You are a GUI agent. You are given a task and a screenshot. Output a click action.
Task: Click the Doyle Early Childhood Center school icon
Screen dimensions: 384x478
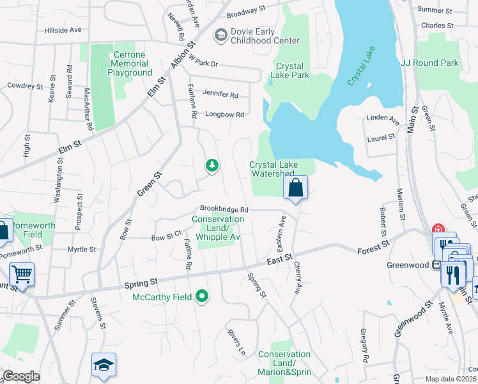222,35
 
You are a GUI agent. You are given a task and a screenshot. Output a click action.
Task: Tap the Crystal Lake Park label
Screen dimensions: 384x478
292,70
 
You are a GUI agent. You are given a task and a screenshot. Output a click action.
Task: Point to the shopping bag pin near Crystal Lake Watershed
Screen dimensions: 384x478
296,189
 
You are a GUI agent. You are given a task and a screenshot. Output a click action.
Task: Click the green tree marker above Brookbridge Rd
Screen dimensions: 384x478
212,166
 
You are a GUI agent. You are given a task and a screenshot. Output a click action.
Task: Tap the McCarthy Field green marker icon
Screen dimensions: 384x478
203,296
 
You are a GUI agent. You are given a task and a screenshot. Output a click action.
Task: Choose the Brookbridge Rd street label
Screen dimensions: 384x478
224,209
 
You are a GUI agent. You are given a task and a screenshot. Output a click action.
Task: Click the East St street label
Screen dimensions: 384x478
279,260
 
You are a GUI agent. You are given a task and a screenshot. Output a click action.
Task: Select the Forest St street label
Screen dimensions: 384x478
374,246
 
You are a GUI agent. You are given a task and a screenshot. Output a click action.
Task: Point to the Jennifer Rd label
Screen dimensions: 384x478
220,95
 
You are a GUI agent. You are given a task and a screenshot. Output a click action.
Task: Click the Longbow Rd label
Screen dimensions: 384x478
225,115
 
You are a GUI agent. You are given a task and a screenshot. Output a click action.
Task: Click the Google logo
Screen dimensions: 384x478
21,376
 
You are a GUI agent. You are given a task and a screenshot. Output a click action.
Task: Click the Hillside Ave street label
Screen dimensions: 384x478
63,30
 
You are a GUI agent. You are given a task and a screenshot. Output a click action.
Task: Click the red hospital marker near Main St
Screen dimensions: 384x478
438,229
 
